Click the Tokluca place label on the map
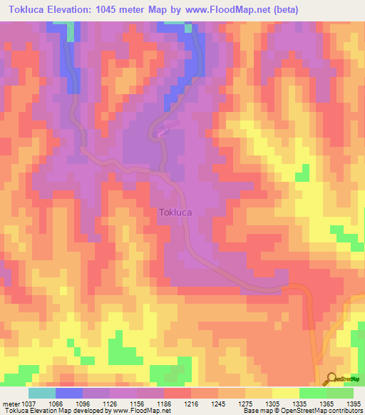(x=175, y=212)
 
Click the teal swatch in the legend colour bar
(x=42, y=393)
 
